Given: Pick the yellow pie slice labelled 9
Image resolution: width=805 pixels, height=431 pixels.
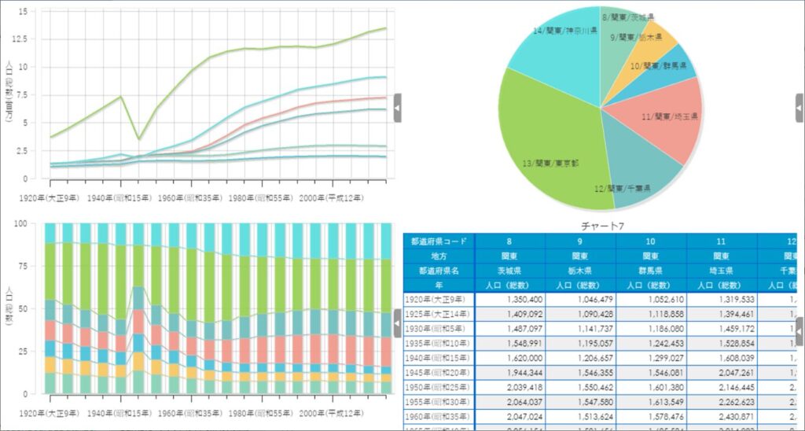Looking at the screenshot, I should (x=649, y=43).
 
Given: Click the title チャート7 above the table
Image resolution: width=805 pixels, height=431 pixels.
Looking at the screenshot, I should (x=599, y=227).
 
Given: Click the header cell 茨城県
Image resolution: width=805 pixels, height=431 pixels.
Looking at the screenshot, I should (x=510, y=270).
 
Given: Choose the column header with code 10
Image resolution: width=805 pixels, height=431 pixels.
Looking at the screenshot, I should (x=650, y=241).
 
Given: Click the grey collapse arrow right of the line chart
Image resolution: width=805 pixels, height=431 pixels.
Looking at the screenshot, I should (x=397, y=108).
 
